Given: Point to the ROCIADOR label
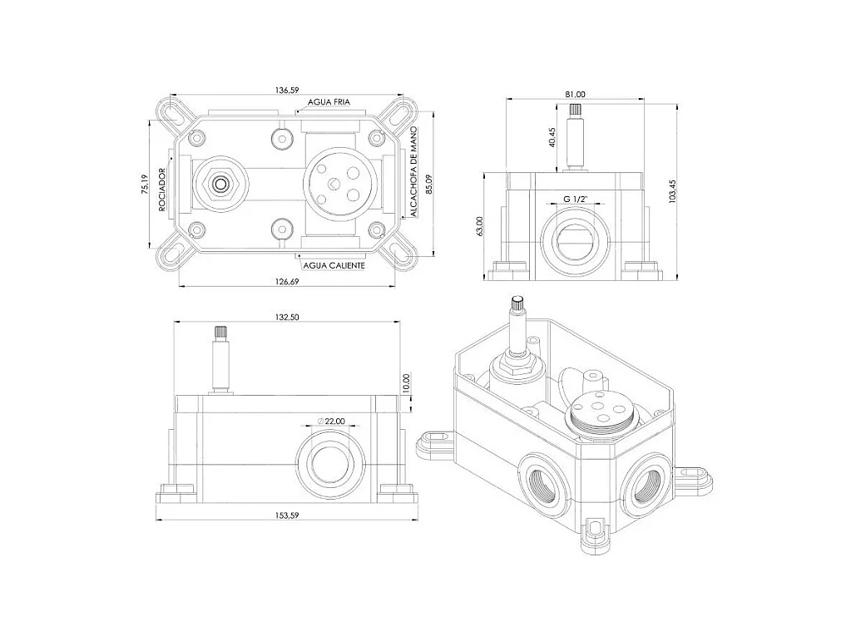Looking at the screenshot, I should click(163, 190).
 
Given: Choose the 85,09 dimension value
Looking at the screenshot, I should click(428, 184).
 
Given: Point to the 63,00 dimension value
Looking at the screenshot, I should click(480, 225).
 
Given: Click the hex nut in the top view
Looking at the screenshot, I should click(220, 182).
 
